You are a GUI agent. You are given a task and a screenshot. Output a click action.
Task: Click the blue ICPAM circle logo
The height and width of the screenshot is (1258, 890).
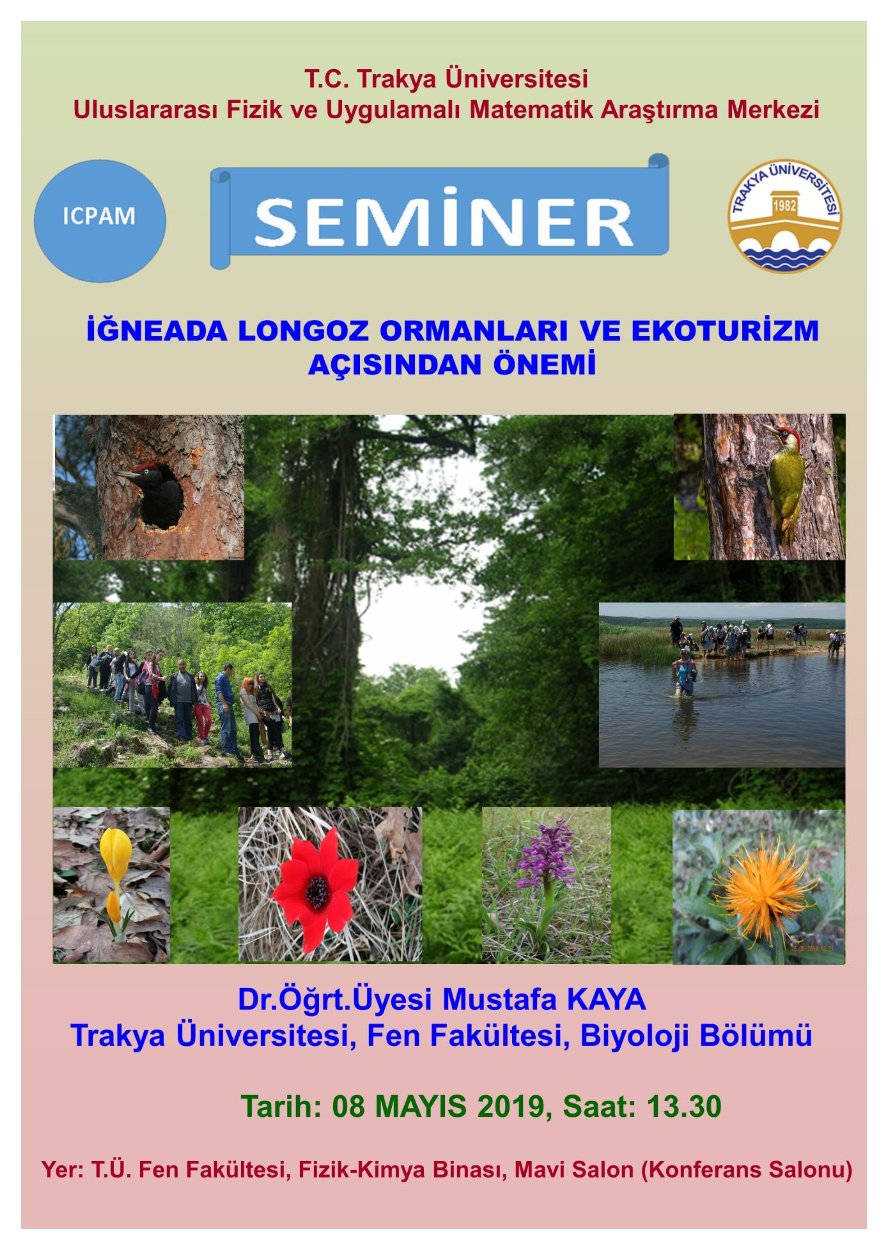(x=100, y=221)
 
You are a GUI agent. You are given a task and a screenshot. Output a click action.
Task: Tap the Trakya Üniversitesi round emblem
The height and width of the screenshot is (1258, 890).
(x=785, y=216)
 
